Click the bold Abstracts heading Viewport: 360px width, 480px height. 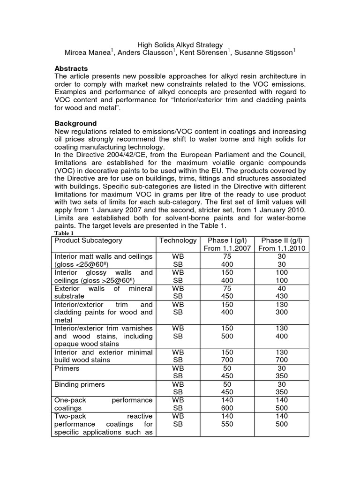[x=71, y=68]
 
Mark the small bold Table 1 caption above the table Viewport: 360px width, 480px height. [x=64, y=233]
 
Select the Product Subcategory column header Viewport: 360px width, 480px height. [x=88, y=240]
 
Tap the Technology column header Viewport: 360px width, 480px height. [x=178, y=240]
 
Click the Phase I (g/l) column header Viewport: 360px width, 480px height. [x=227, y=240]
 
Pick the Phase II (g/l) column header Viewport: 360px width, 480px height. [x=282, y=240]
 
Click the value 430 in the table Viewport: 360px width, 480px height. [x=282, y=296]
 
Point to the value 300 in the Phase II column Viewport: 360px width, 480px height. [x=282, y=312]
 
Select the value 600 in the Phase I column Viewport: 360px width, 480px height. [x=227, y=408]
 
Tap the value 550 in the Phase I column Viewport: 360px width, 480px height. [x=227, y=424]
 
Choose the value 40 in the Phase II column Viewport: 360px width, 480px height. [x=282, y=288]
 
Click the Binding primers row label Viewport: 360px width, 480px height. [x=79, y=384]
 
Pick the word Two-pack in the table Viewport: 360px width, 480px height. [x=68, y=416]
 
